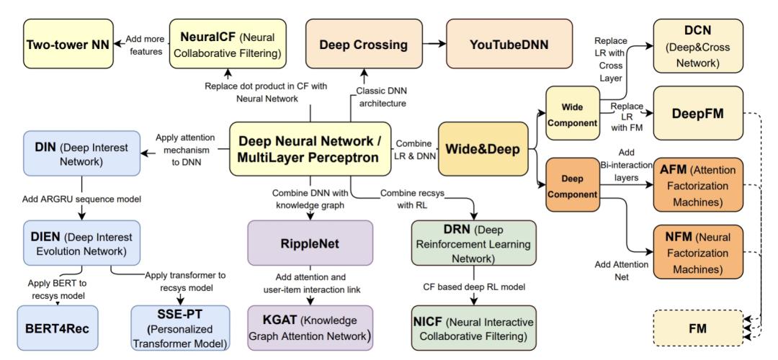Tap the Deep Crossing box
pyautogui.click(x=364, y=44)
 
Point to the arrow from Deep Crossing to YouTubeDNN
pyautogui.click(x=430, y=45)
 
